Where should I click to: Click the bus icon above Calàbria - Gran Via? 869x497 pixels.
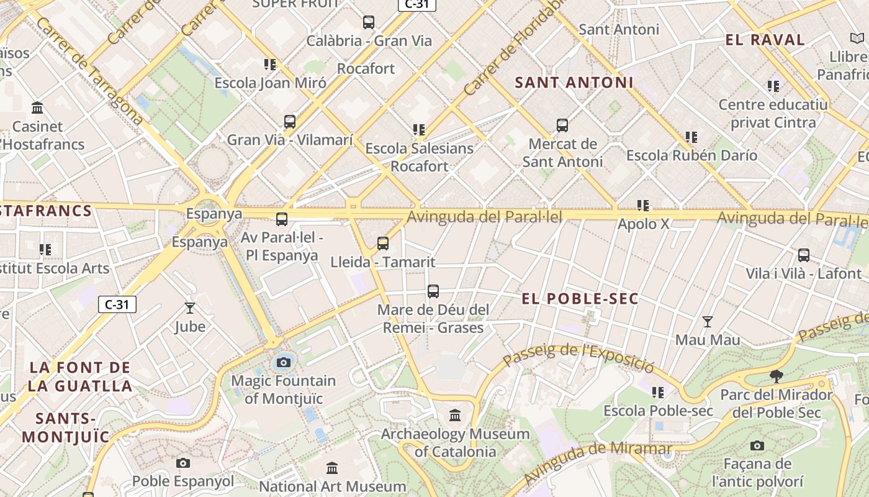click(x=369, y=22)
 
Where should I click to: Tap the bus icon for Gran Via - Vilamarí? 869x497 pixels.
click(x=290, y=122)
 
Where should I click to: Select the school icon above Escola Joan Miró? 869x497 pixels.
click(x=269, y=65)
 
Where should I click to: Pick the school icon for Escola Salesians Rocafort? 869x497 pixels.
click(x=419, y=130)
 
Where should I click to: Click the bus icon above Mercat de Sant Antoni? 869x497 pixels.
click(x=562, y=125)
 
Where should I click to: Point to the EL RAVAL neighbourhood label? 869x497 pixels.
click(x=765, y=40)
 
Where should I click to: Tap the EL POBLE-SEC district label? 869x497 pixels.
click(x=580, y=299)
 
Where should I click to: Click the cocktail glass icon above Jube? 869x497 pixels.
click(x=190, y=308)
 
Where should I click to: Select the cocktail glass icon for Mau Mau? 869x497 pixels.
click(x=707, y=322)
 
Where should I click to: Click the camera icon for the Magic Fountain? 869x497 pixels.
click(x=284, y=362)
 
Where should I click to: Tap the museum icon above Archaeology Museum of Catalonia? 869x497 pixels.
click(x=455, y=415)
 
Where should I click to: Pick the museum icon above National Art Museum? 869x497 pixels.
click(x=332, y=468)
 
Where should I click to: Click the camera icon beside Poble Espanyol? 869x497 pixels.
click(x=182, y=463)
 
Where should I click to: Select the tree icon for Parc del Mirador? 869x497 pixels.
click(x=776, y=376)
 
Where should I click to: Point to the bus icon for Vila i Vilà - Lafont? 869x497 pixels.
click(x=804, y=255)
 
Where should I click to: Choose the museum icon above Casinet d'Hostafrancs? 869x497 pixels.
click(x=37, y=108)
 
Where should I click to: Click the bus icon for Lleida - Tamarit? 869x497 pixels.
click(x=383, y=244)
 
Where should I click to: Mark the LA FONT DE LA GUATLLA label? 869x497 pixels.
click(x=80, y=376)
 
